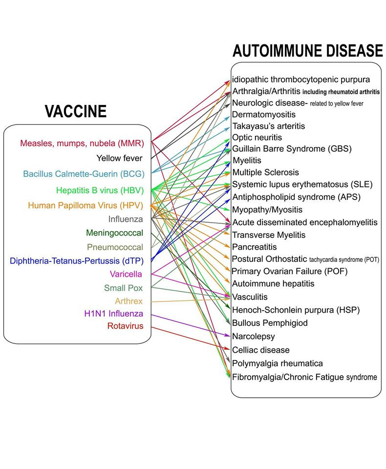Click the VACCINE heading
click(76, 111)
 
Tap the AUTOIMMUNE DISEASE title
click(308, 50)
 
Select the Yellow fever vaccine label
click(119, 158)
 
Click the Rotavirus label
click(126, 326)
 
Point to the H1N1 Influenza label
click(114, 314)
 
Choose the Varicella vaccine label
click(126, 274)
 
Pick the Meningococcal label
click(115, 233)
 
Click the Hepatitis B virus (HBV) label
click(100, 190)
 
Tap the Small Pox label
click(123, 288)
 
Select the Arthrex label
click(129, 301)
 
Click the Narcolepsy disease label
click(254, 336)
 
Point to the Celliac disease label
click(261, 350)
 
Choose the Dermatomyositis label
click(264, 114)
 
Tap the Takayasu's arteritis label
click(269, 126)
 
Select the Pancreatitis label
click(255, 247)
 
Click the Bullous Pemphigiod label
click(270, 323)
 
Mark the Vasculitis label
click(250, 297)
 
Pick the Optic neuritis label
click(257, 138)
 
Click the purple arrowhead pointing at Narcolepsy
click(228, 336)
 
